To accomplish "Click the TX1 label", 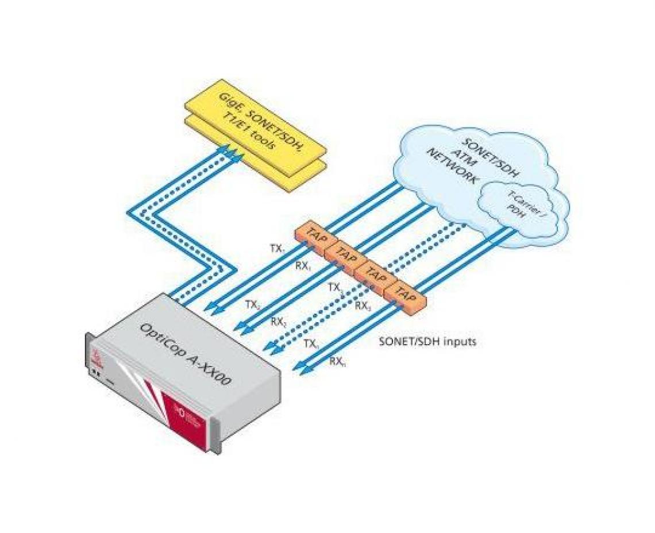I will click(x=278, y=249).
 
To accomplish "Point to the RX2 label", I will click(x=279, y=322).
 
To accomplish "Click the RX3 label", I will click(x=363, y=306).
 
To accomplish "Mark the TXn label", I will click(x=311, y=343).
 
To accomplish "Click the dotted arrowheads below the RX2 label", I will click(x=269, y=347).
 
